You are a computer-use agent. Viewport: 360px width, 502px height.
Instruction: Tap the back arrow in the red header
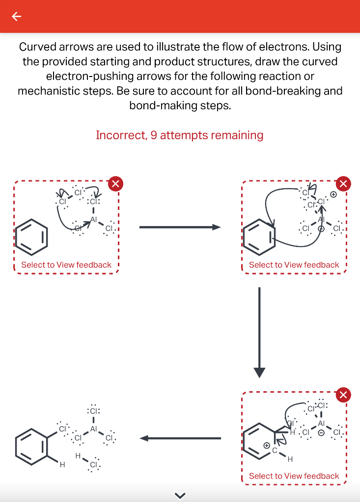pos(17,17)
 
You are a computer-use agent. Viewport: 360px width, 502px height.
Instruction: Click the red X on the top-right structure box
pos(343,184)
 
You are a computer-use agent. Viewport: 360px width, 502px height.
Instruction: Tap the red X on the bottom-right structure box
pos(343,394)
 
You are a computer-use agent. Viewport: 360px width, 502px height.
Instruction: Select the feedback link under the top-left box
pos(66,265)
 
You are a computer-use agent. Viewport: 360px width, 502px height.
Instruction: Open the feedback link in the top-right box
pos(294,265)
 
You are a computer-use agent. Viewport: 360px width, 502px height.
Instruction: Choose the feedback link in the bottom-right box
pos(294,476)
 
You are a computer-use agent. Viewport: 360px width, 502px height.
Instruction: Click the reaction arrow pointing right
pos(180,227)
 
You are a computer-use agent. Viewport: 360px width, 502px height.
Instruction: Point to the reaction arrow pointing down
pos(259,333)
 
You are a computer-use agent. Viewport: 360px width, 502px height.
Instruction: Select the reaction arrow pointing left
pos(180,438)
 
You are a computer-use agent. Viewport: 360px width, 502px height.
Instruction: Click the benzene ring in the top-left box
pos(32,236)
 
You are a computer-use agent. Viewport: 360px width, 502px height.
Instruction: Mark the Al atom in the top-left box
pos(93,220)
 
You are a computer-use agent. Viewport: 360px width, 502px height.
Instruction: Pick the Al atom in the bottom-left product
pos(93,428)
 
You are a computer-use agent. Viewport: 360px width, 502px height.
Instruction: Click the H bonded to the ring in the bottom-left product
pos(61,465)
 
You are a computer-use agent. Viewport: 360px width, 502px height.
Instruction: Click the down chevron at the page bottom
pos(180,495)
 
